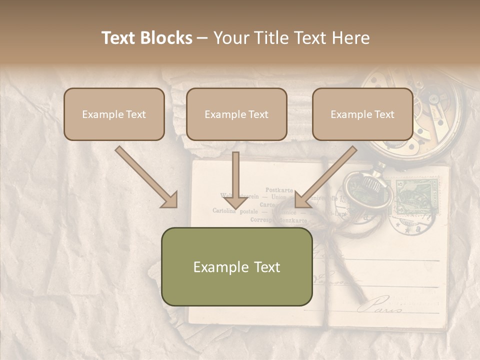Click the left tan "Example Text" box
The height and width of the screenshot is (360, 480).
tap(114, 114)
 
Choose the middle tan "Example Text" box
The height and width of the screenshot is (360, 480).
tap(236, 114)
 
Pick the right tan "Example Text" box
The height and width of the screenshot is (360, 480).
tap(362, 114)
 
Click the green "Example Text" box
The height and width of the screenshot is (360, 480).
tap(236, 266)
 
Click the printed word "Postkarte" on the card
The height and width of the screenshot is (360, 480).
tap(279, 190)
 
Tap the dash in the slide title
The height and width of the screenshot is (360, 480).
tap(202, 38)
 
